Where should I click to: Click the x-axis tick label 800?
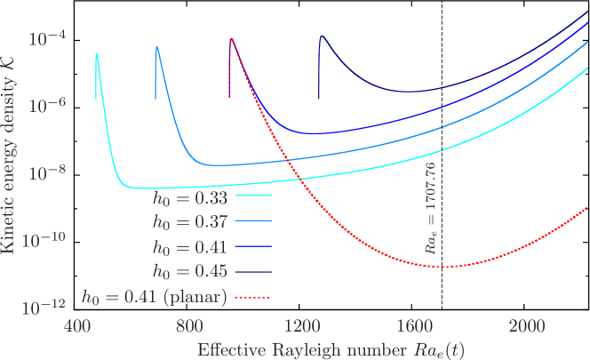[188, 324]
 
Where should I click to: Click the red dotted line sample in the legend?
[252, 297]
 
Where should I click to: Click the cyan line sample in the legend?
[252, 198]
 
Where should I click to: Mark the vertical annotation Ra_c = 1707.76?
[430, 209]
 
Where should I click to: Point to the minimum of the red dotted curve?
[442, 267]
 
